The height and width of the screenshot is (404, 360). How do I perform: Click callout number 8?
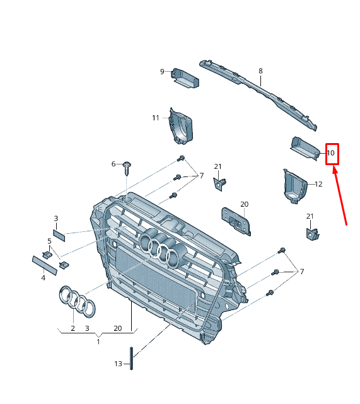pyautogui.click(x=260, y=71)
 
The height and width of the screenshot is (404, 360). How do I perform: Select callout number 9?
pyautogui.click(x=162, y=71)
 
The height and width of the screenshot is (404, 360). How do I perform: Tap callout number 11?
pyautogui.click(x=156, y=118)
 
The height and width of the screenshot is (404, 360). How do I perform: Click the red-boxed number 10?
pyautogui.click(x=332, y=153)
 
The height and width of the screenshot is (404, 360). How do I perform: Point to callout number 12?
pyautogui.click(x=318, y=184)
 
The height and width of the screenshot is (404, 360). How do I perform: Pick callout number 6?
pyautogui.click(x=114, y=164)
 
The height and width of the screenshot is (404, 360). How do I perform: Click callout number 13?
pyautogui.click(x=118, y=364)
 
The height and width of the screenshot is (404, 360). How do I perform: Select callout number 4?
pyautogui.click(x=43, y=277)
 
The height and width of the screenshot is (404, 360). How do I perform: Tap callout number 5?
pyautogui.click(x=49, y=241)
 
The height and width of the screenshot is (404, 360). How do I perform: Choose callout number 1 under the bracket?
pyautogui.click(x=98, y=342)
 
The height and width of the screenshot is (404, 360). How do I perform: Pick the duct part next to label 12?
pyautogui.click(x=294, y=187)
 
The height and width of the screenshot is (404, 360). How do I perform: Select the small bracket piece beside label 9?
pyautogui.click(x=186, y=77)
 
